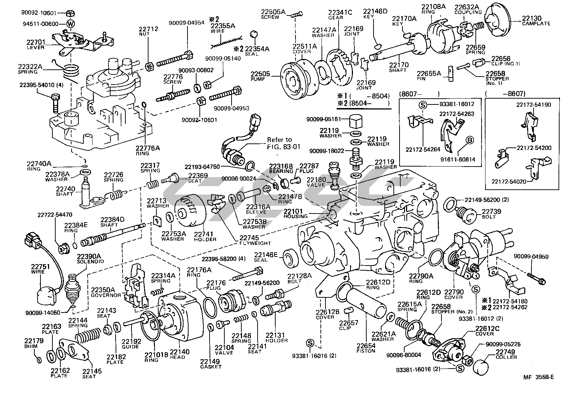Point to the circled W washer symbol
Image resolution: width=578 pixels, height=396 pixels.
pos(71,24)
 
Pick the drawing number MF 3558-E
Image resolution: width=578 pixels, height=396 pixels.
pos(538,377)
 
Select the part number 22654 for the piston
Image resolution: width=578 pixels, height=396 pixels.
pos(366,346)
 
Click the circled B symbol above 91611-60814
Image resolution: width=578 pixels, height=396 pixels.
pos(470,140)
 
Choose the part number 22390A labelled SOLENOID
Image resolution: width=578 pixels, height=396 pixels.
pos(89,256)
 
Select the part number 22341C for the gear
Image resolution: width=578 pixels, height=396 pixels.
pos(340,12)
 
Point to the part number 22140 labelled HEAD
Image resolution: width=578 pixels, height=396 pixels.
pos(177,352)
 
